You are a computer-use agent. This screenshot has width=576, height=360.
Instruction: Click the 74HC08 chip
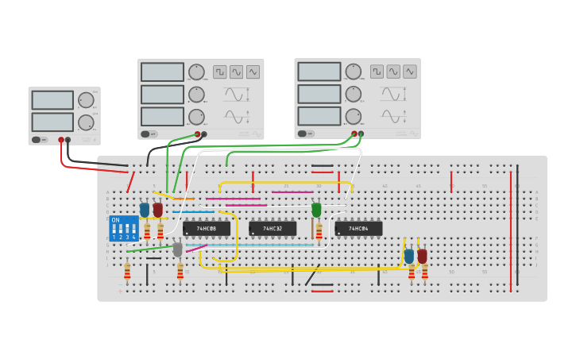tap(207, 229)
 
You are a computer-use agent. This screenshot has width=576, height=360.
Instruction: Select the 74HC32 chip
tap(273, 229)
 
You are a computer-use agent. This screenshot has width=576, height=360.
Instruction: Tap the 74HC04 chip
tap(358, 229)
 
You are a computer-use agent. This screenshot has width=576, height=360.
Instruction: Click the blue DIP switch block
tap(124, 228)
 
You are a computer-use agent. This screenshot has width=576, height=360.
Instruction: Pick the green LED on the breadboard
tap(316, 210)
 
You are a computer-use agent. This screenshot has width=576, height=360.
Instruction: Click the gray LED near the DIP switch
tap(177, 250)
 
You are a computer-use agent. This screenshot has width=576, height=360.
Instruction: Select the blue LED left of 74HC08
tap(145, 210)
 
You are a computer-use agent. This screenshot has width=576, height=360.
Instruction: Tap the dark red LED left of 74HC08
tap(158, 210)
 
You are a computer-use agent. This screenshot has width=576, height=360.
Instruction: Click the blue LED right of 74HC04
tap(409, 256)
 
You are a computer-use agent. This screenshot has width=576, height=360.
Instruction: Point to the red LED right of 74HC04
tap(422, 256)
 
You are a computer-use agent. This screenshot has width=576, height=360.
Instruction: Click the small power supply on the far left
tap(64, 115)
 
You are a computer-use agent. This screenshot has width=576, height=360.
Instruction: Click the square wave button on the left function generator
tap(219, 72)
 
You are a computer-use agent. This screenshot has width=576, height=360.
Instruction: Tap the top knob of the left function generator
tap(196, 72)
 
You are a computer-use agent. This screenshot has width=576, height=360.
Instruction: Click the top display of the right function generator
tap(319, 72)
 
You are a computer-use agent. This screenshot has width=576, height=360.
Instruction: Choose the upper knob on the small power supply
tap(86, 100)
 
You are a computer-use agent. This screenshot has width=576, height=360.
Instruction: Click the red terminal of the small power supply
tap(61, 140)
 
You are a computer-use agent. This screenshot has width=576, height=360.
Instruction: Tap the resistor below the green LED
tap(319, 231)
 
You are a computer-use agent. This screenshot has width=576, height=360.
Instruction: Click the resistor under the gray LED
tap(180, 272)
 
